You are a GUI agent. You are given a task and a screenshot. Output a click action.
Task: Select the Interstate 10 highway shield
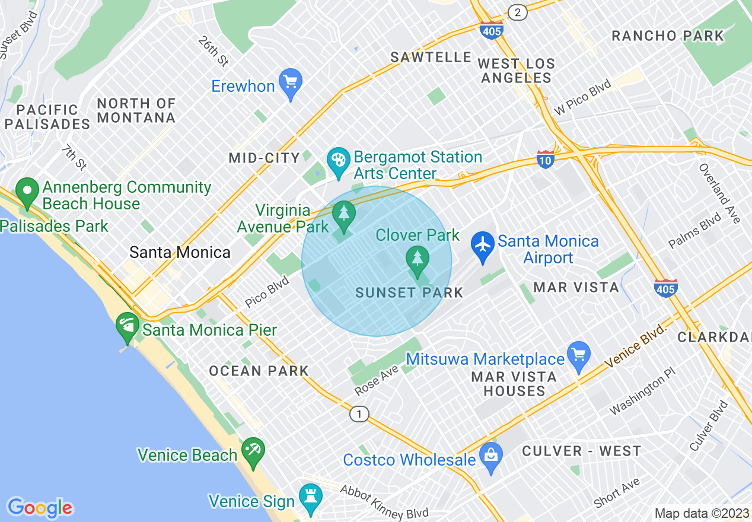pos(545,159)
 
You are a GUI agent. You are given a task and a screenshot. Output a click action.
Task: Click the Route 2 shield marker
pos(518,12)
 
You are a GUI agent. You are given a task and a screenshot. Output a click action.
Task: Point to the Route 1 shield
pos(359,413)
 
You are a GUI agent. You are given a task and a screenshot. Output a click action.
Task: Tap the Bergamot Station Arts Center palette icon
pos(339,163)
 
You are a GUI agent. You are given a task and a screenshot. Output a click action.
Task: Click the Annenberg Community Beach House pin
pos(27,192)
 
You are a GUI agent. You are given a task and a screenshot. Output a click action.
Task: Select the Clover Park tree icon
pos(418,259)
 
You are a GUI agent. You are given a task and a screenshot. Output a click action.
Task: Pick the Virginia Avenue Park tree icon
pos(343,214)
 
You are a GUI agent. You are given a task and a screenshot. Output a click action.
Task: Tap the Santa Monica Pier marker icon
pos(128,327)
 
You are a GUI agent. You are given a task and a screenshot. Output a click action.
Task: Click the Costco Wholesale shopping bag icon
pos(491,456)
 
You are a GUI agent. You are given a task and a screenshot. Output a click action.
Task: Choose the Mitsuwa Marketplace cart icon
pos(579,355)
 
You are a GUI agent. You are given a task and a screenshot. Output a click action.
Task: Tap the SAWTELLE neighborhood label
pos(431,58)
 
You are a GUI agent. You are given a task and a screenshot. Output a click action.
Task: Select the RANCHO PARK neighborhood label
pos(668,36)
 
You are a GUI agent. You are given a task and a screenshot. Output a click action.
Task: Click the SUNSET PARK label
pos(409,292)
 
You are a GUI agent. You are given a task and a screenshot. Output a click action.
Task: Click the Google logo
pos(40,508)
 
